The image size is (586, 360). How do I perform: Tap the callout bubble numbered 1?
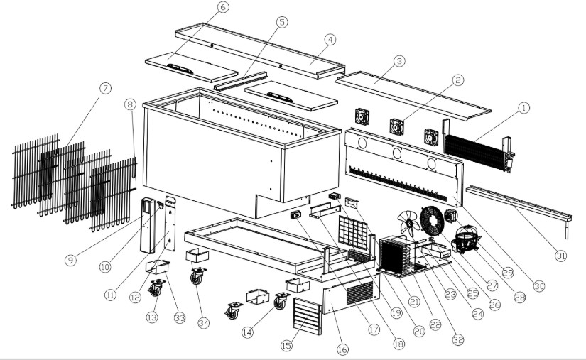coord(523,108)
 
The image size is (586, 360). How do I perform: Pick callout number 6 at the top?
coord(223,8)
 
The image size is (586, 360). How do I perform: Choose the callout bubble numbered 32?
coord(458,339)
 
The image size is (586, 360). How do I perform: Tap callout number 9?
coord(70,260)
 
